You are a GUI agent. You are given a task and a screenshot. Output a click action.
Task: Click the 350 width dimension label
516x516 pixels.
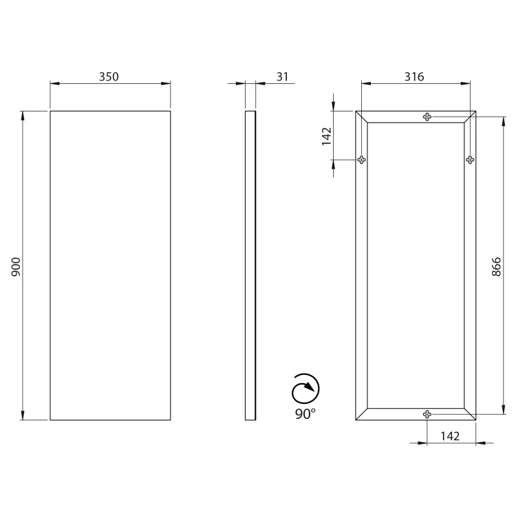click(109, 76)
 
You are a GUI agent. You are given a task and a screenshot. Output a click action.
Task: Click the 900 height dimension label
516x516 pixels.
click(16, 267)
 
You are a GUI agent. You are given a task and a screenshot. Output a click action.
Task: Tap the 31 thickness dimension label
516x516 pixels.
click(282, 76)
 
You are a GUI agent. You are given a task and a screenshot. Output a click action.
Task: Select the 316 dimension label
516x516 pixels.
click(414, 76)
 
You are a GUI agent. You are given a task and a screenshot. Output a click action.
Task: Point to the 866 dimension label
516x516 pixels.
click(496, 267)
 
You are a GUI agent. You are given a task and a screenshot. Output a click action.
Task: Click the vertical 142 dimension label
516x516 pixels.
click(326, 136)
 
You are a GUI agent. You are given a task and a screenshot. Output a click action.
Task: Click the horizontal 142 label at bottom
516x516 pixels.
click(450, 436)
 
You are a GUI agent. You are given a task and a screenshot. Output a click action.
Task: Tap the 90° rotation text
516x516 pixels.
click(305, 414)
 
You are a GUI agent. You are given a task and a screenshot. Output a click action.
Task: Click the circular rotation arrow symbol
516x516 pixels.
click(305, 388)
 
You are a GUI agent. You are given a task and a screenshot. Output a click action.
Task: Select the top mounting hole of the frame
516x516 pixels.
click(427, 116)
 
